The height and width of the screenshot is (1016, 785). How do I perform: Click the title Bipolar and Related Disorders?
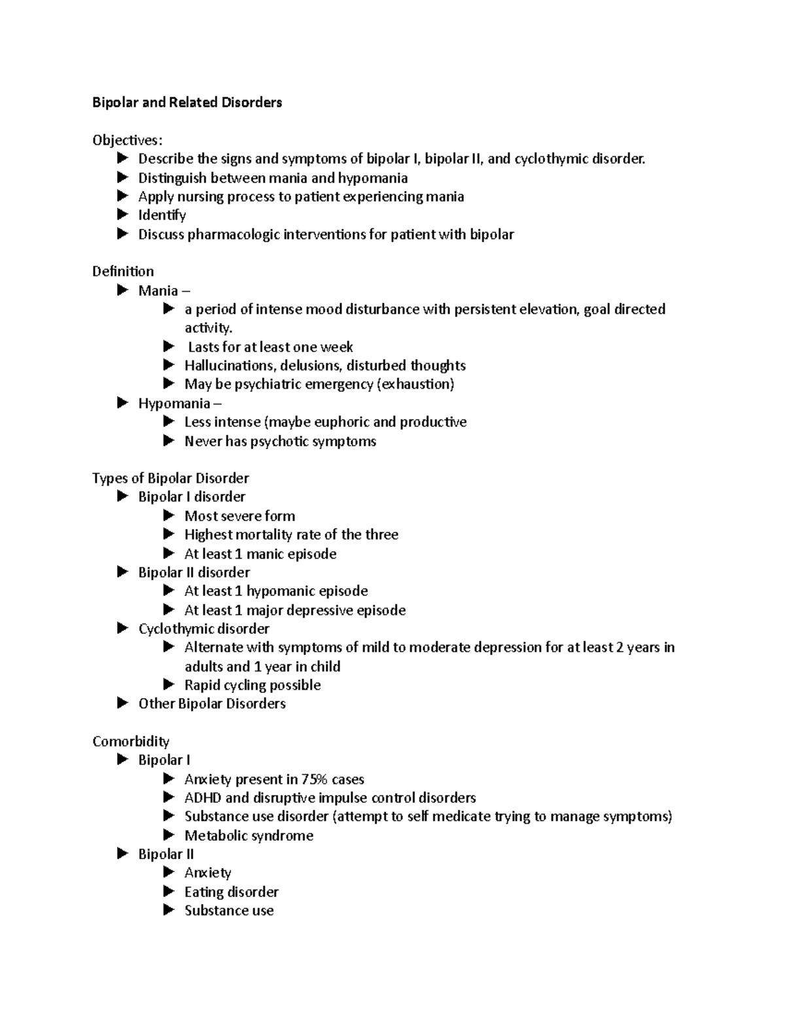[x=187, y=103]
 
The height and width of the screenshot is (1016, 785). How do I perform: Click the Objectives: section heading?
[x=127, y=140]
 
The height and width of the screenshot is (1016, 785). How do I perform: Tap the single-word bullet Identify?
[x=162, y=215]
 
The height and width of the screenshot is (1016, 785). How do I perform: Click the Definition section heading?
[x=123, y=272]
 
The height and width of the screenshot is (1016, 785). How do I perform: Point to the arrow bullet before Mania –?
[x=123, y=290]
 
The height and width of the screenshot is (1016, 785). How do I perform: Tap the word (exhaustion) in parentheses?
[x=415, y=384]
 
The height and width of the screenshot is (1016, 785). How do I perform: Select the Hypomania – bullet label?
[x=180, y=403]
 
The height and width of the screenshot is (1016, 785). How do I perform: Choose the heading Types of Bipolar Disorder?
[x=170, y=478]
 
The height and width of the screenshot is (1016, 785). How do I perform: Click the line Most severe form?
[x=239, y=516]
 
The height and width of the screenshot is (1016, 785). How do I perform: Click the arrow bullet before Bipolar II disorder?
[x=123, y=572]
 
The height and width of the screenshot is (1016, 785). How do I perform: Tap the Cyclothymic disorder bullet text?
[x=203, y=629]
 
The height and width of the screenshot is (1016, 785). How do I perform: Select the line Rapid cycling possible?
[x=253, y=685]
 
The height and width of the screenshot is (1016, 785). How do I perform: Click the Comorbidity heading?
[x=131, y=741]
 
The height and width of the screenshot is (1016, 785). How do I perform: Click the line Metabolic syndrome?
[x=249, y=835]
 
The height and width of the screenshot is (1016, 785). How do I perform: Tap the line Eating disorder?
[x=231, y=892]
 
